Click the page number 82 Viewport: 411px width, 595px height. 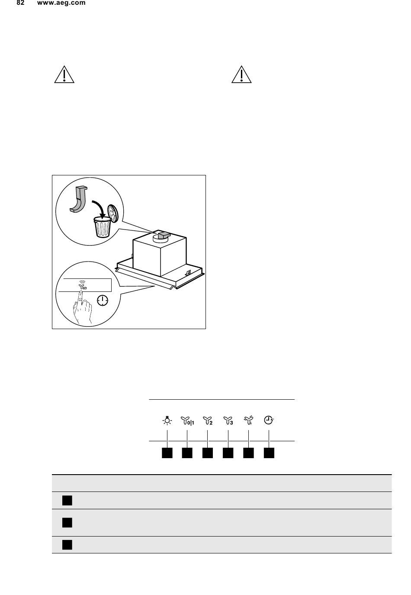pos(20,3)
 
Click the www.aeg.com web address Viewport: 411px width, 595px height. pos(61,3)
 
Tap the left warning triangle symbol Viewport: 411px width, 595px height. pos(64,74)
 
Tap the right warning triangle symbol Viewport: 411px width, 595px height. pos(241,74)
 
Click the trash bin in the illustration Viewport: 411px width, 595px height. pos(102,227)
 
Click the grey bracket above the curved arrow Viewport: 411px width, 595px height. pos(79,199)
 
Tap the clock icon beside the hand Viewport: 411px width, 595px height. pos(103,301)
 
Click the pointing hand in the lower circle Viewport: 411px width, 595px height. pos(82,308)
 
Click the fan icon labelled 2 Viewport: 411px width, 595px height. pos(208,421)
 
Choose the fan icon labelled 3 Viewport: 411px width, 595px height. pos(228,421)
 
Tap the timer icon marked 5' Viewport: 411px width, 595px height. pos(269,420)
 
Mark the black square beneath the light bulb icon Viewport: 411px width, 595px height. pos(167,453)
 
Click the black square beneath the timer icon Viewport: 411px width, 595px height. pos(269,453)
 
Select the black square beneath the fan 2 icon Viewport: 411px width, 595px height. pos(208,453)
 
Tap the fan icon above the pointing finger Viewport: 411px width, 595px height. pos(83,285)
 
